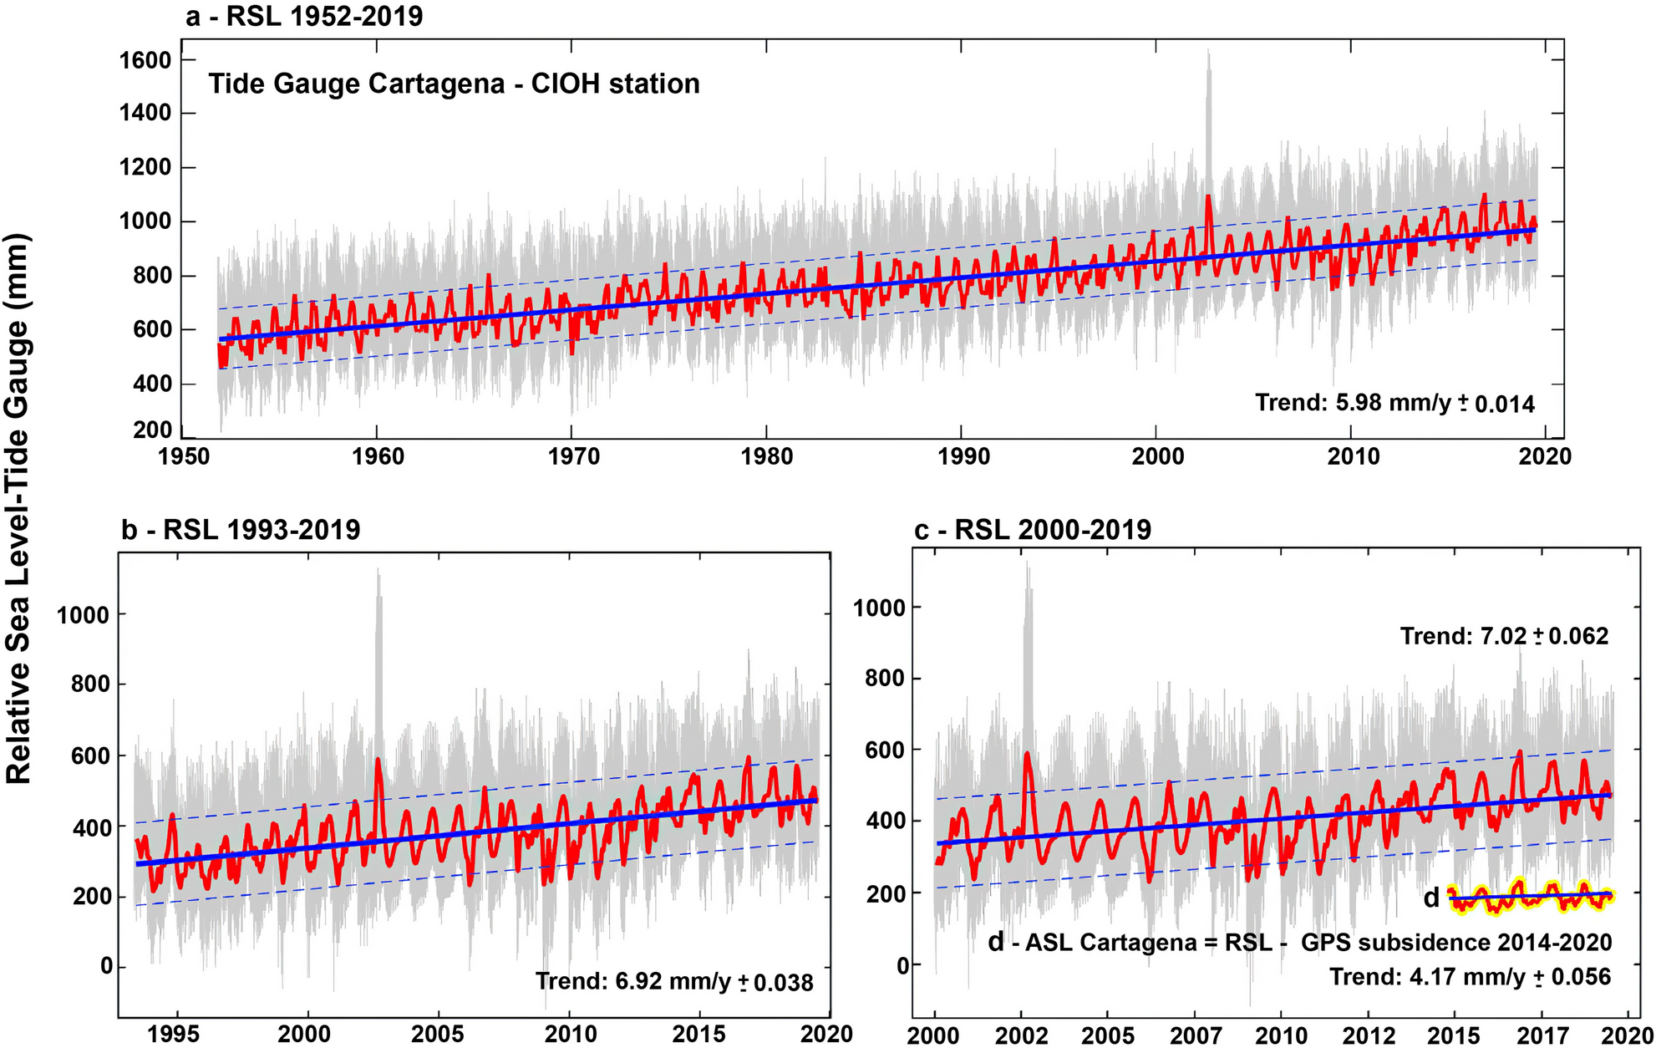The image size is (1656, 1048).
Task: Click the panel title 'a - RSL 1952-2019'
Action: click(x=304, y=15)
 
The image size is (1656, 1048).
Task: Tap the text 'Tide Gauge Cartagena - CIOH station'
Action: click(x=454, y=84)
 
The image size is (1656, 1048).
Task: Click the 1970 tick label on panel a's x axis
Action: click(x=572, y=456)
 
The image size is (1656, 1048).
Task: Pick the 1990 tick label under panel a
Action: click(x=963, y=456)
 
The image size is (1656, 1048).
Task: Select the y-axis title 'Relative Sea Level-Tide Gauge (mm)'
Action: click(x=18, y=508)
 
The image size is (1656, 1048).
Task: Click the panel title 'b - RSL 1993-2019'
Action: click(x=241, y=529)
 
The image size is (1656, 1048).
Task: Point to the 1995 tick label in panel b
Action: click(x=175, y=1034)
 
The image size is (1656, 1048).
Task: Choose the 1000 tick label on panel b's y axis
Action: click(x=83, y=615)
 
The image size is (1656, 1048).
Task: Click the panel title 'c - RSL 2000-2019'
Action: click(x=1033, y=529)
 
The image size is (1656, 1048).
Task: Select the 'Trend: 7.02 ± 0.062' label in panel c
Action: click(x=1504, y=636)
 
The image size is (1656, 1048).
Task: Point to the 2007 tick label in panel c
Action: click(x=1195, y=1034)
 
